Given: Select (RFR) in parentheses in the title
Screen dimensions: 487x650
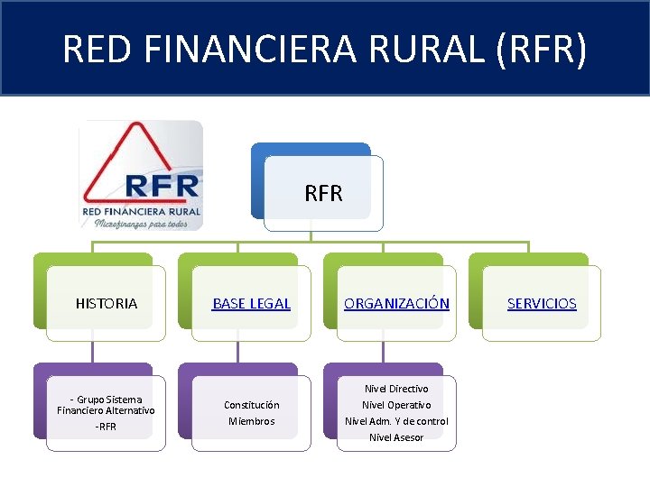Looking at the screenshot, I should [x=540, y=49].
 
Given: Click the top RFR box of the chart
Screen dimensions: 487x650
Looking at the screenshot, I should [x=323, y=193].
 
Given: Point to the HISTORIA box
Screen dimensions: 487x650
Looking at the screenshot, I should [x=107, y=304].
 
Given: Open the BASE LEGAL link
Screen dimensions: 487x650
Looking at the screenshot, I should [x=251, y=304].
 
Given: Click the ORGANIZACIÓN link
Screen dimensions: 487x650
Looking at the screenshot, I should [x=396, y=304].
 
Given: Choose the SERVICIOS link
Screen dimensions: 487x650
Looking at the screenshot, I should [x=542, y=304].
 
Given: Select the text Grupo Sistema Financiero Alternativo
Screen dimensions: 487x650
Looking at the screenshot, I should [x=106, y=405].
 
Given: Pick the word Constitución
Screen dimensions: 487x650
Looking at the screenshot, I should [x=251, y=405].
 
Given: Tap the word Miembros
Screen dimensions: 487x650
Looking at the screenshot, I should [x=251, y=421].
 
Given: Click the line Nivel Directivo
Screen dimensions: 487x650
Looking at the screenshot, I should [x=396, y=389].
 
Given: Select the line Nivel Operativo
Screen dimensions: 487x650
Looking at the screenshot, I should [x=396, y=405].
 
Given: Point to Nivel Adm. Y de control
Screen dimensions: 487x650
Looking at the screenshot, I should [x=396, y=421].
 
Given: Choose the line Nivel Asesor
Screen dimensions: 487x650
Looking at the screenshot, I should [x=396, y=437].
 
